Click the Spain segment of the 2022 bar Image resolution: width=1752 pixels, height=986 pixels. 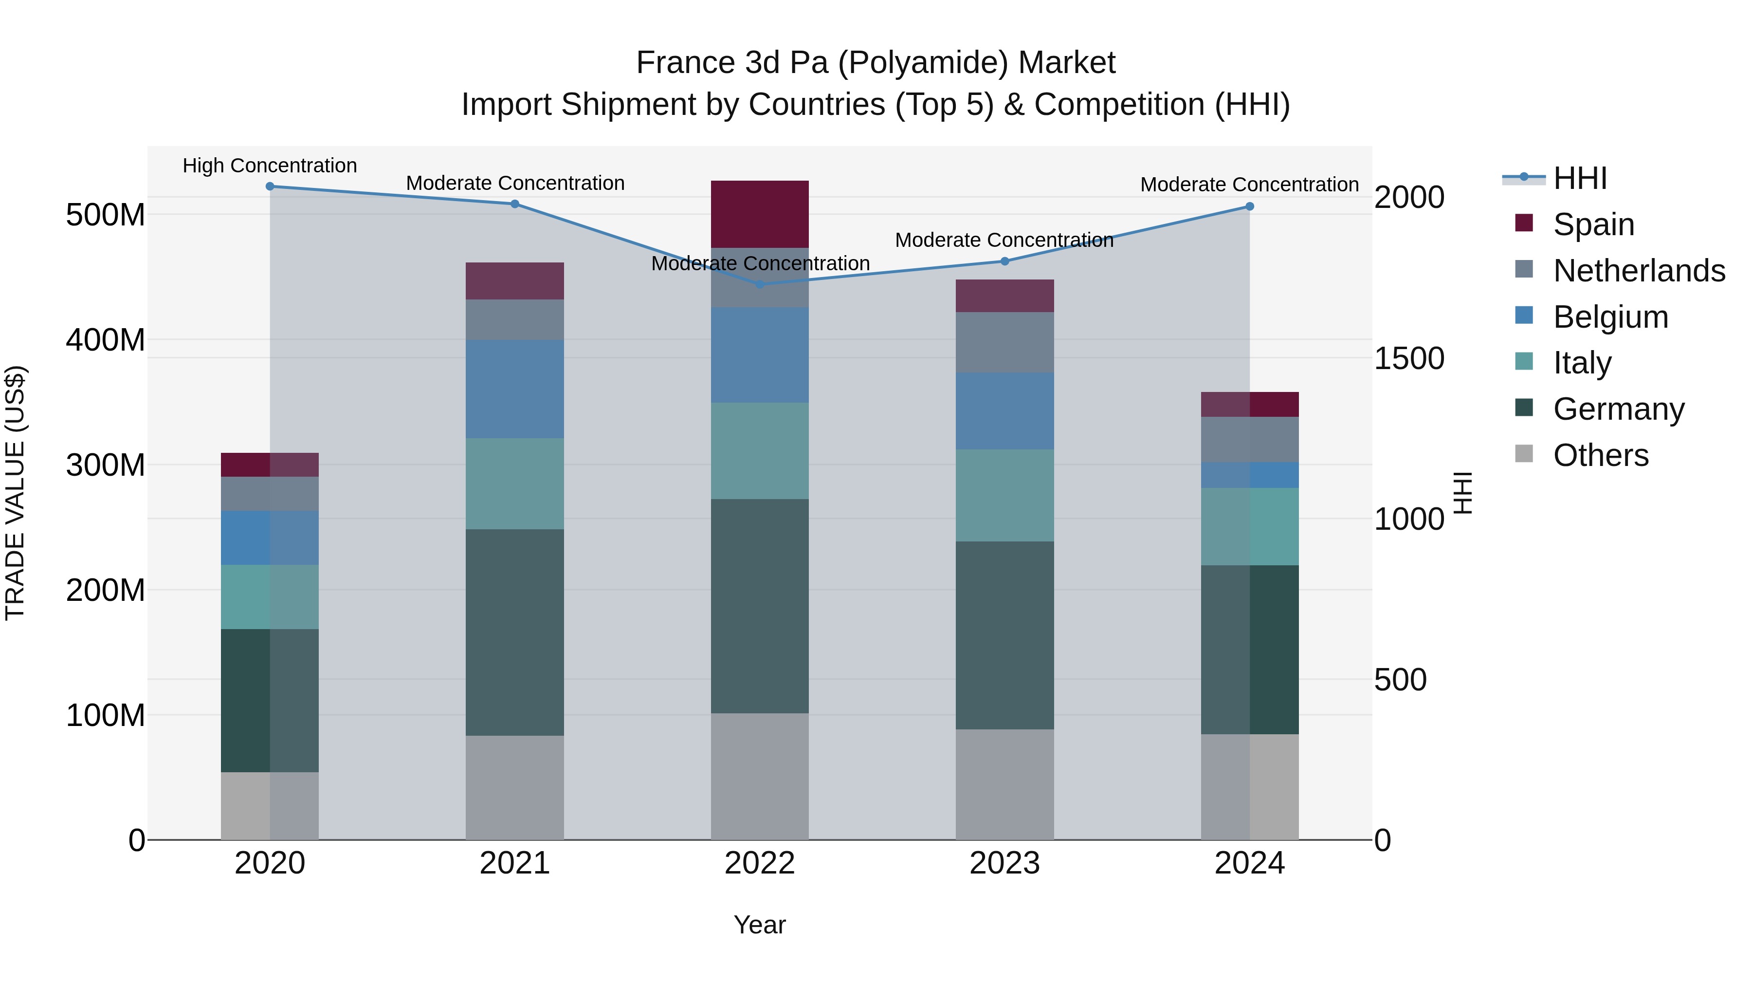click(x=760, y=214)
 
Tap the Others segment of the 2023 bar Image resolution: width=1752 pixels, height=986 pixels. click(x=1004, y=784)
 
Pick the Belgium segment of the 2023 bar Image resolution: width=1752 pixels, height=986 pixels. click(x=1004, y=410)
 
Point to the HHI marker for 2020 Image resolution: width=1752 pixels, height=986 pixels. click(x=270, y=186)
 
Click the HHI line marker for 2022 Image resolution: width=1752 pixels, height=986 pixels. click(x=760, y=284)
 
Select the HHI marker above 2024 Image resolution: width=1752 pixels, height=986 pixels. click(x=1249, y=206)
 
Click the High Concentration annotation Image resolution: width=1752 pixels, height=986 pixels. click(x=270, y=166)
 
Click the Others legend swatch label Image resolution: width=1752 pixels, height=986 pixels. click(x=1600, y=455)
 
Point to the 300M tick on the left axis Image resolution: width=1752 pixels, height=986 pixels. click(x=106, y=465)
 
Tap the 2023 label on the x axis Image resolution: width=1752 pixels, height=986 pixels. click(x=1004, y=863)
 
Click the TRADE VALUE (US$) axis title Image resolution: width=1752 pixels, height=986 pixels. click(x=15, y=493)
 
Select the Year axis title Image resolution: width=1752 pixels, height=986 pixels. click(x=760, y=925)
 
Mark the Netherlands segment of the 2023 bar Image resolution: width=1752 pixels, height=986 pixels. click(x=1004, y=342)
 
